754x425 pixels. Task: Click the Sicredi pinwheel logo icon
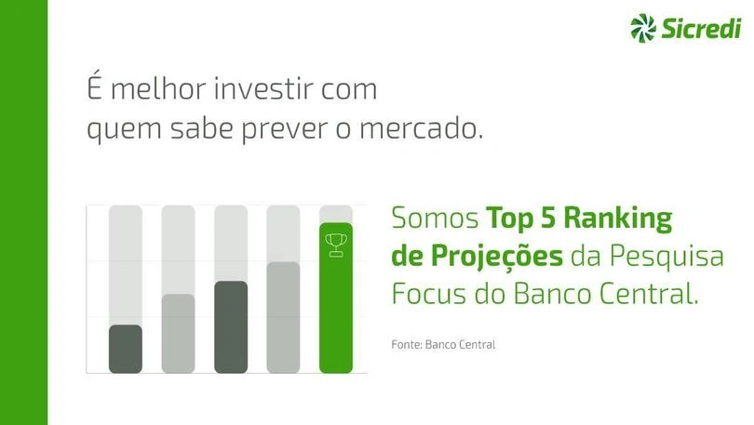[643, 27]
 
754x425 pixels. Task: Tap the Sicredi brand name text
[702, 28]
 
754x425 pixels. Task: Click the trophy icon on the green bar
[336, 245]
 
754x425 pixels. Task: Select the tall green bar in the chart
[336, 298]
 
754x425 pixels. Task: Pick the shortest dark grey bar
[126, 349]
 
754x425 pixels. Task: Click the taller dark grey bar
[231, 327]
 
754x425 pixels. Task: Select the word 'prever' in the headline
[285, 131]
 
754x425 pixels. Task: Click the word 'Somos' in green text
[436, 219]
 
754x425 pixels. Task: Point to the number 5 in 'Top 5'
[547, 219]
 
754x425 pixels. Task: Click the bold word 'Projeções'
[496, 256]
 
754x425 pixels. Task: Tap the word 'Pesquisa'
[666, 258]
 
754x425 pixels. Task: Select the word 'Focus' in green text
[428, 294]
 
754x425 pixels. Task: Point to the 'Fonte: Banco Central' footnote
[443, 344]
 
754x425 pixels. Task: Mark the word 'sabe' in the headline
[201, 128]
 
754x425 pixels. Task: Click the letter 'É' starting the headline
[95, 86]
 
